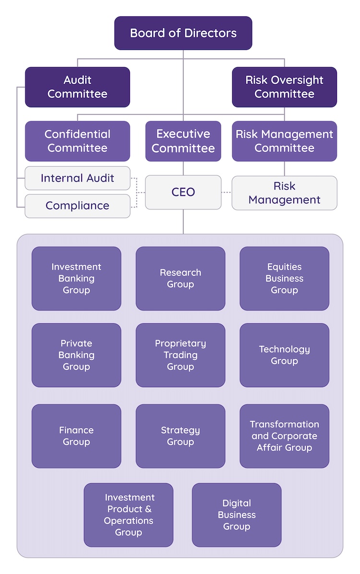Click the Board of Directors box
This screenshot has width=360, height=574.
183,33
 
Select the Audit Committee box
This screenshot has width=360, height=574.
77,87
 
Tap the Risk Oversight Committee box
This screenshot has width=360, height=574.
284,87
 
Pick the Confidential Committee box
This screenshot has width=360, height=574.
77,141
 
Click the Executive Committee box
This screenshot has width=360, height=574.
183,141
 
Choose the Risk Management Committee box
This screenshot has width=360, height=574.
284,141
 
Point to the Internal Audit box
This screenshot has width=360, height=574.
77,178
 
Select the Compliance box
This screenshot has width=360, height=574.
77,206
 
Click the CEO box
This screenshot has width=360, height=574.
183,192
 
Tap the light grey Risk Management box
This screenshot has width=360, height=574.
284,193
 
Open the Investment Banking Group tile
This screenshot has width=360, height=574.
76,279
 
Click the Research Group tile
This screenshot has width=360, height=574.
180,279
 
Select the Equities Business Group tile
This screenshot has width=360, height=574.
284,279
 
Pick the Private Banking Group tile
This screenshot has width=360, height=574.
76,355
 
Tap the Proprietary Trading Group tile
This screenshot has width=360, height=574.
180,355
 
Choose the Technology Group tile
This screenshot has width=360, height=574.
284,355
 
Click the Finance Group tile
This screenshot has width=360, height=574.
76,436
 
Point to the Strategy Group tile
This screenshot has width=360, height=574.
180,436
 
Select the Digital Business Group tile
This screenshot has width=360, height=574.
237,515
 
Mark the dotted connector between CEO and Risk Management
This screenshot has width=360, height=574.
227,192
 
